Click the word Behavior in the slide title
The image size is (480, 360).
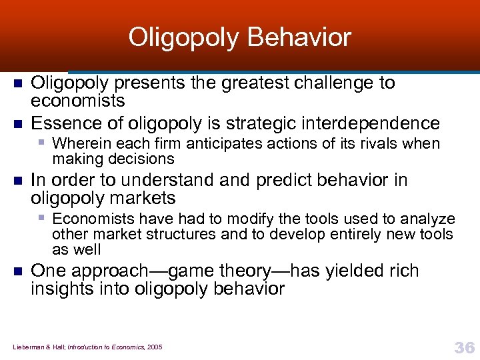coord(299,37)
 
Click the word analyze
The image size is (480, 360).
coord(430,219)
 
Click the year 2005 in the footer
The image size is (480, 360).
coord(154,347)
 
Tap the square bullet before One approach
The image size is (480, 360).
coord(18,271)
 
